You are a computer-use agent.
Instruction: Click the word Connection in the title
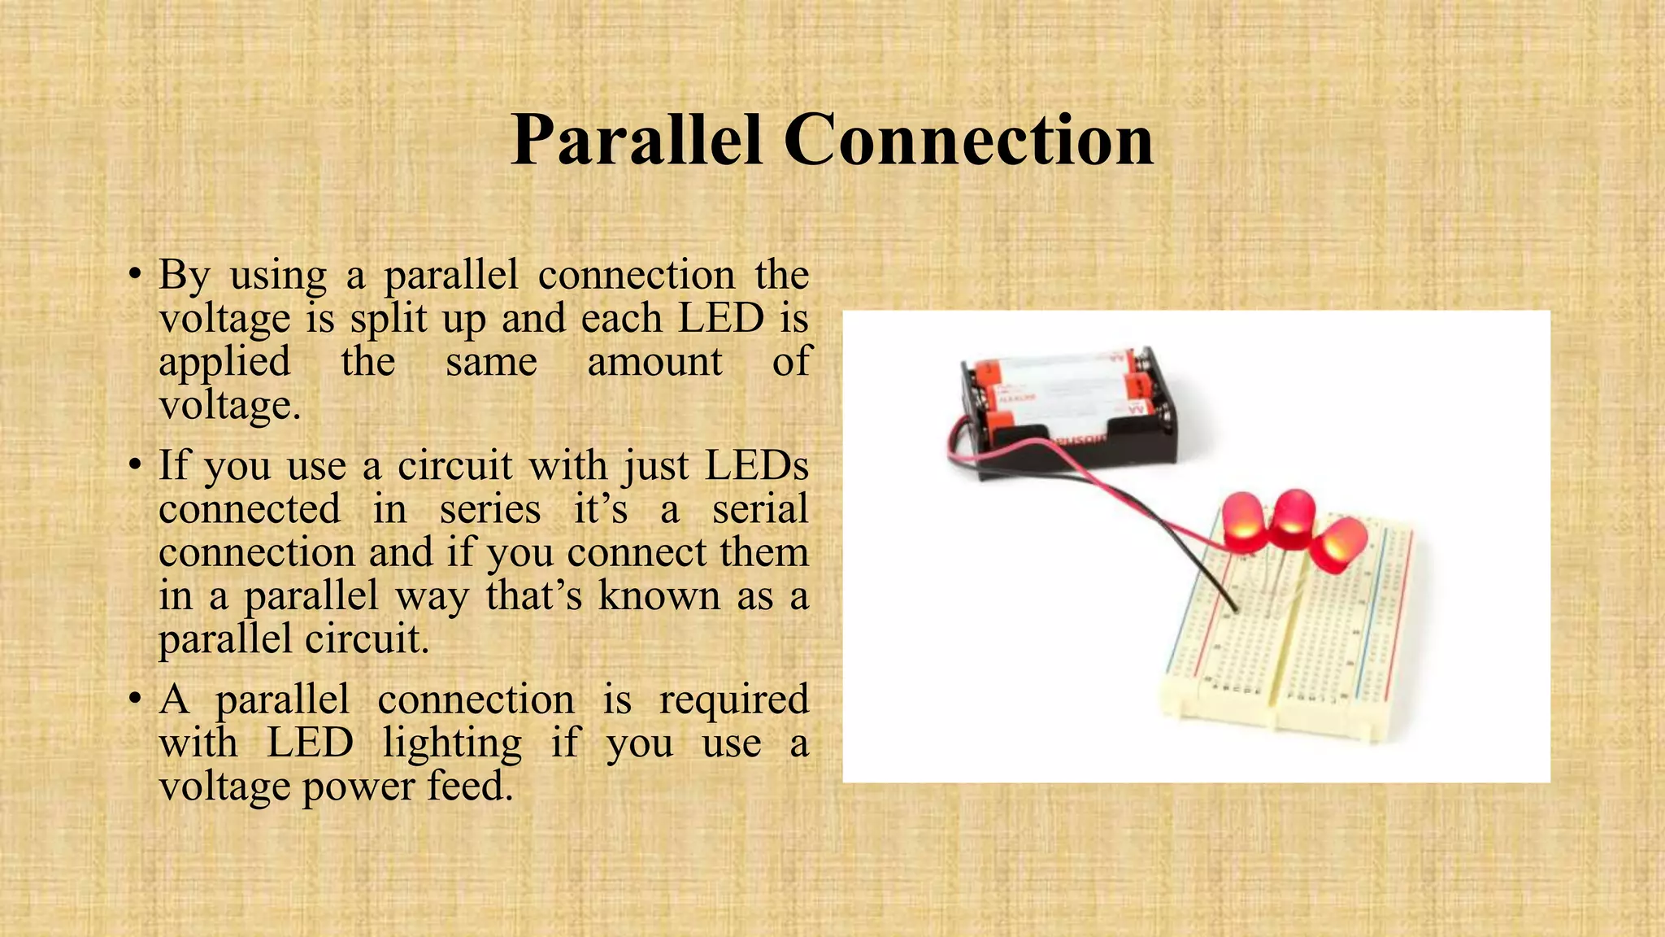[x=968, y=140]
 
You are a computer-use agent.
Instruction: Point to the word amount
[x=654, y=362]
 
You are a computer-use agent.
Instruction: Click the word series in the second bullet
[x=490, y=510]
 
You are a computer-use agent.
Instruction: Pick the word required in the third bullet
[x=733, y=699]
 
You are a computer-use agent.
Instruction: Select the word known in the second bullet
[x=659, y=596]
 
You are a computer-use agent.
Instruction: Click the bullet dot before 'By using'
[x=136, y=276]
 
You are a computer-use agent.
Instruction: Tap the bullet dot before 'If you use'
[x=136, y=466]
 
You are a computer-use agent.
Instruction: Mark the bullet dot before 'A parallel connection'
[x=136, y=700]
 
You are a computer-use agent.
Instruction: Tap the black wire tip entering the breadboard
[x=1235, y=608]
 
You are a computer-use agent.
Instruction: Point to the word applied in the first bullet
[x=224, y=362]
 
